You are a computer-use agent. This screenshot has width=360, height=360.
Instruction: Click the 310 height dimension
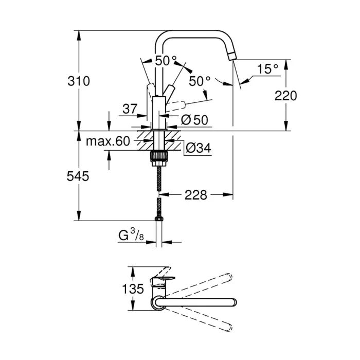click(x=79, y=81)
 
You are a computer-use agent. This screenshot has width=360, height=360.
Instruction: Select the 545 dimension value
click(x=79, y=176)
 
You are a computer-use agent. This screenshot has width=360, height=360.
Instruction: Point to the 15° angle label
click(x=267, y=68)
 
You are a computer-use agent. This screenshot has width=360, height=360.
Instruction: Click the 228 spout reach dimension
click(x=195, y=195)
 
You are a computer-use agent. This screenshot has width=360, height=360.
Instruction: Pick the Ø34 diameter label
click(x=196, y=148)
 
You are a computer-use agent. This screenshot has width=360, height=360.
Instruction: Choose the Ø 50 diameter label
click(x=194, y=119)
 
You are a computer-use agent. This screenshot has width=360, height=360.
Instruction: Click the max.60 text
click(x=107, y=141)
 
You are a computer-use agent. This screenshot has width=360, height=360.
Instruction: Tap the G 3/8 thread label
click(x=130, y=236)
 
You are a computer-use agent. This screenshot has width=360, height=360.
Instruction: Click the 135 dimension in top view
click(x=133, y=289)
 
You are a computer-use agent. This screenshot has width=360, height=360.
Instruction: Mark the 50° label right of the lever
click(x=200, y=81)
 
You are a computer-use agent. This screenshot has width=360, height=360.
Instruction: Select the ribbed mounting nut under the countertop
click(x=158, y=156)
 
